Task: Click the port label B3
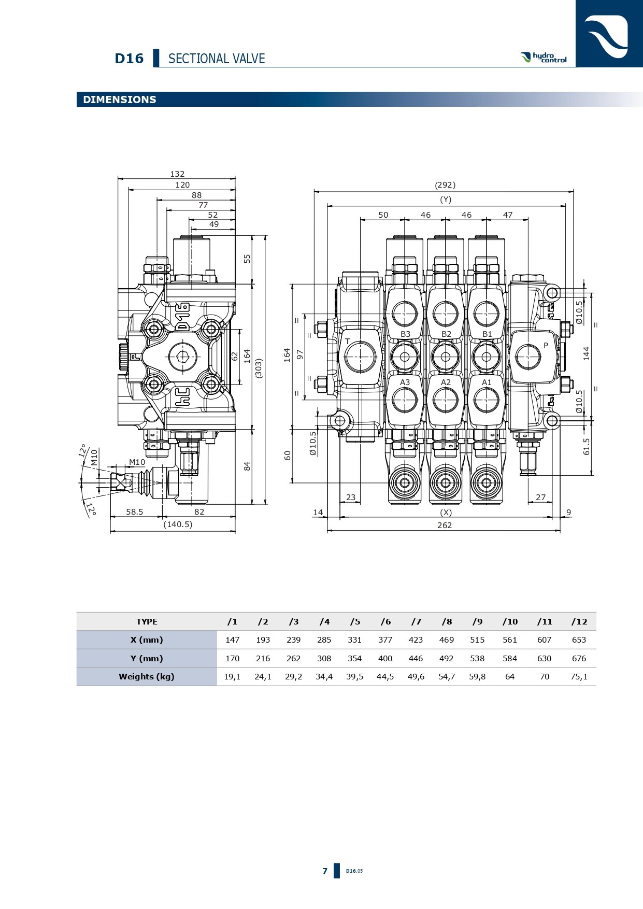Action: (x=405, y=334)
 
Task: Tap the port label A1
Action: (x=487, y=382)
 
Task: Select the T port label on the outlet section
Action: (x=348, y=342)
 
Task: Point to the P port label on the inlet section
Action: (x=546, y=346)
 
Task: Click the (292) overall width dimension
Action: (x=445, y=185)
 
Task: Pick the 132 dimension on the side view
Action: (x=177, y=174)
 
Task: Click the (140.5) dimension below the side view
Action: (x=178, y=524)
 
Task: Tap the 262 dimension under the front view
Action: (x=445, y=525)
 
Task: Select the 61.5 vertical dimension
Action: (x=587, y=447)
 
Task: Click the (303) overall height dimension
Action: (x=259, y=368)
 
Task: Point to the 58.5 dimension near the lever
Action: (x=135, y=512)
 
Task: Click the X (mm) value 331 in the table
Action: (x=355, y=640)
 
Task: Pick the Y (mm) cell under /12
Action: (x=579, y=659)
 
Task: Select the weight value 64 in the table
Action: (x=510, y=677)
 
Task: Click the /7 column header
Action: (x=416, y=622)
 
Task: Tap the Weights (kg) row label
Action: (x=147, y=677)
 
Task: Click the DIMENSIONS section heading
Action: (x=120, y=100)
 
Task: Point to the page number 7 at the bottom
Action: (x=325, y=871)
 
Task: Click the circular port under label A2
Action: (x=446, y=400)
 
